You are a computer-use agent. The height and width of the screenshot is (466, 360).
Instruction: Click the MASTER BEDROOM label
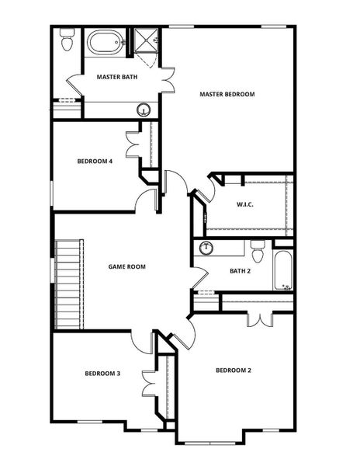tap(227, 94)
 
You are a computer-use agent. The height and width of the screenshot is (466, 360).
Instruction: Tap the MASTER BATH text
tap(118, 77)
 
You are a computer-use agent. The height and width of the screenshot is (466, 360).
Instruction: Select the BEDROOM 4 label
tap(95, 162)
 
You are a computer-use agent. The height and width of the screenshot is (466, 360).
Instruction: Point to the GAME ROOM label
tap(126, 266)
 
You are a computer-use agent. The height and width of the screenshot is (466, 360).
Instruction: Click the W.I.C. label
tap(245, 204)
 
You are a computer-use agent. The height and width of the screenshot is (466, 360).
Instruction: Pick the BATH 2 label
tap(239, 271)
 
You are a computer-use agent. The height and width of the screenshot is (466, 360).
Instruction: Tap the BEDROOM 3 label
tap(102, 374)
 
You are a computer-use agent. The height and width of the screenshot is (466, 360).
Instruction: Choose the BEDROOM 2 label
tap(233, 370)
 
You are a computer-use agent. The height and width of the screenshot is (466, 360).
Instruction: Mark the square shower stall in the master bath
tap(146, 40)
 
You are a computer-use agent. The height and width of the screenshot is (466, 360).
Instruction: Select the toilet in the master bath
tap(67, 40)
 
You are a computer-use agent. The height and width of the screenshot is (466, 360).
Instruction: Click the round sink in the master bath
tap(144, 110)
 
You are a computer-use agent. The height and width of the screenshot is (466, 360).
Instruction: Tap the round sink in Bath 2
tap(206, 249)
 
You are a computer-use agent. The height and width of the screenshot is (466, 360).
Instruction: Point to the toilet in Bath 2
tap(258, 250)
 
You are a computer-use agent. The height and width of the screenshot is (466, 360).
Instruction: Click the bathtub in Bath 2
tap(283, 269)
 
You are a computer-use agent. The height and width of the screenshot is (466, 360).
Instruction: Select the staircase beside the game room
tap(68, 283)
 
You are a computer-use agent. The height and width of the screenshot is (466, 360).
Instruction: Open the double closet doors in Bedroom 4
tap(133, 144)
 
